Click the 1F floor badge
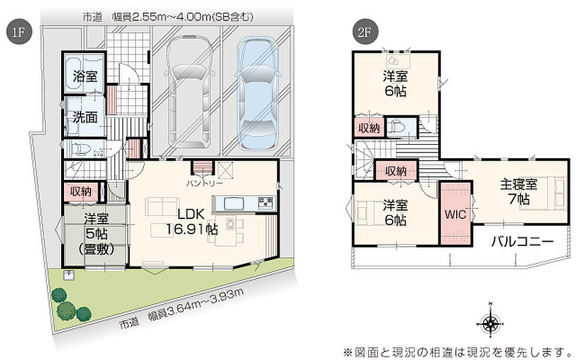pos(19,31)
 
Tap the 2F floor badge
pos(364,31)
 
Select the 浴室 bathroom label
pos(85,76)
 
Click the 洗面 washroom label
pos(85,117)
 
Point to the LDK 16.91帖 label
pos(192,221)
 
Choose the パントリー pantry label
pos(205,183)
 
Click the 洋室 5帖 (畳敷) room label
pos(96,234)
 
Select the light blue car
pos(257,93)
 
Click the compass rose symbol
pos(490,324)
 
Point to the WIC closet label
pos(456,214)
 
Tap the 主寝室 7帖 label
pos(518,192)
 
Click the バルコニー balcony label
pos(522,242)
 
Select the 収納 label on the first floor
pos(81,191)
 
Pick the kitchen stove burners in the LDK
pos(266,202)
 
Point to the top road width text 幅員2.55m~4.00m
pos(183,17)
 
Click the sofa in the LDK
pos(161,206)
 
